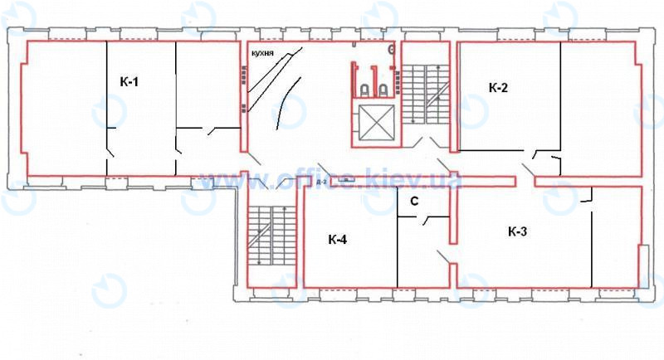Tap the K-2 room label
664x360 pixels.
pos(497,88)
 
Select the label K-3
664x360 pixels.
pos(517,232)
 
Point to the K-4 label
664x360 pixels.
pos(338,241)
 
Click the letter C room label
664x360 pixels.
pos(413,202)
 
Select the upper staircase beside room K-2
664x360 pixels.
pos(426,95)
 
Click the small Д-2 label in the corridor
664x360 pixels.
pos(320,179)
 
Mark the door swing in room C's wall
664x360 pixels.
pos(430,221)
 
